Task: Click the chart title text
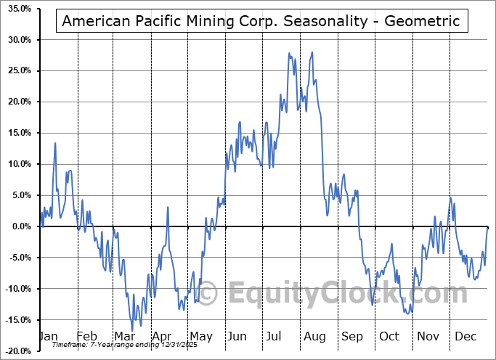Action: tap(261, 21)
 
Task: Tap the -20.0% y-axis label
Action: tap(16, 351)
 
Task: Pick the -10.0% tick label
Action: tap(16, 289)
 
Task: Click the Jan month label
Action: tap(48, 337)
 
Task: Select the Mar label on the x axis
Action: tap(124, 337)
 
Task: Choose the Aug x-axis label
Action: tap(315, 337)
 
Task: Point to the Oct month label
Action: tap(390, 337)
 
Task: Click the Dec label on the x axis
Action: tap(465, 337)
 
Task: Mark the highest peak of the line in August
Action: tap(312, 52)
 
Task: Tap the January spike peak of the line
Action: tap(55, 143)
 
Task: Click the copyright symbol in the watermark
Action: tap(208, 293)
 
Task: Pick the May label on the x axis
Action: tap(200, 337)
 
